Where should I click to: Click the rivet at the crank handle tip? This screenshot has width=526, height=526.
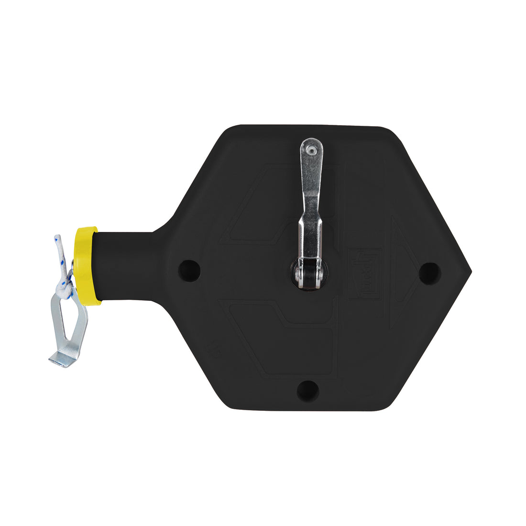tap(312, 150)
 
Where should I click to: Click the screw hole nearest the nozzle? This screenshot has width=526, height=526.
tap(189, 270)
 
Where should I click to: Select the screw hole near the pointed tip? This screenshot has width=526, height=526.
tap(429, 273)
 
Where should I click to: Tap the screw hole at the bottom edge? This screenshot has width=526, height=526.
tap(307, 390)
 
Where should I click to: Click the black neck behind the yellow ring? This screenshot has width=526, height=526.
tap(124, 265)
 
